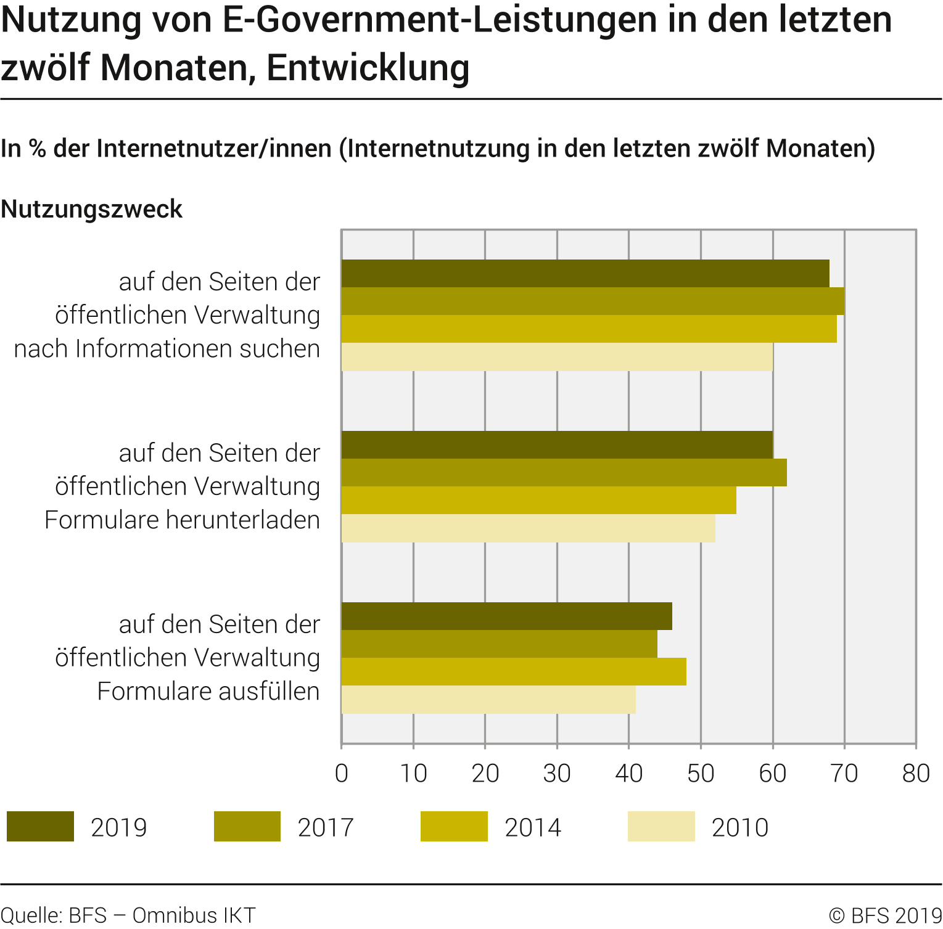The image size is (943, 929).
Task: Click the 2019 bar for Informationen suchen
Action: [585, 274]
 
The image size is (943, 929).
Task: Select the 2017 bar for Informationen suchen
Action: [592, 301]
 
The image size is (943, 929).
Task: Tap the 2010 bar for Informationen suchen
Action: [556, 357]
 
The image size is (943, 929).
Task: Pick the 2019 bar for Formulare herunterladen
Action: [556, 445]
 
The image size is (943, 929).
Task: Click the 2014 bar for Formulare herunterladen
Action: [538, 501]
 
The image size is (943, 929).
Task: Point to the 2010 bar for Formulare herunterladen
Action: [528, 528]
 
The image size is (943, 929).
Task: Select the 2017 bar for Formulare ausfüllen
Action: [499, 644]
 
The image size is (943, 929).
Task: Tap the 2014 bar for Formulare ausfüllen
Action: [513, 672]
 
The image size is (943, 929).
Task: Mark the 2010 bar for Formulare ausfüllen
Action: [488, 700]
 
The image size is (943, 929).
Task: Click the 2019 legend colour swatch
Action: [40, 827]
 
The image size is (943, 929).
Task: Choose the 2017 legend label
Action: [326, 827]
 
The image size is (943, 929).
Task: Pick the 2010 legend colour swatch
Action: [661, 827]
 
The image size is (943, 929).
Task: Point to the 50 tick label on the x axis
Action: [701, 774]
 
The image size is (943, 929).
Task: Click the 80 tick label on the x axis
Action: [916, 774]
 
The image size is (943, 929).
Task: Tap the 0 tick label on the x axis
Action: [342, 774]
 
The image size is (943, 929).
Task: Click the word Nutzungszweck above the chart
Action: [91, 209]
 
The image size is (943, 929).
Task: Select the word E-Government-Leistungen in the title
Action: [460, 20]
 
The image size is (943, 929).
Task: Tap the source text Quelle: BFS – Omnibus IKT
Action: [128, 915]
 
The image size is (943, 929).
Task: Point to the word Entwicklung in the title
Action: [368, 68]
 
